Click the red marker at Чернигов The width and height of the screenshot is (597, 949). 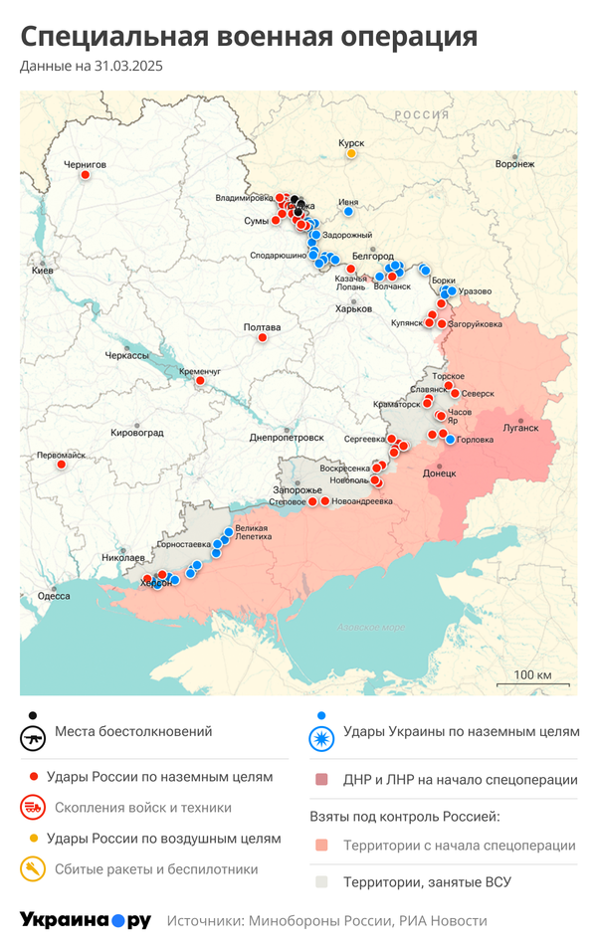[85, 175]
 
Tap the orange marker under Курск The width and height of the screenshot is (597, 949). [351, 154]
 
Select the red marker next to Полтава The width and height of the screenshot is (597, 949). [263, 337]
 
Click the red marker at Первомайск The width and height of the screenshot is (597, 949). [62, 465]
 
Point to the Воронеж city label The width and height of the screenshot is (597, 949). [514, 163]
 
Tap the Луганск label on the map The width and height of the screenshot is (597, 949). [520, 428]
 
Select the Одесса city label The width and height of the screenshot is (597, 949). [54, 596]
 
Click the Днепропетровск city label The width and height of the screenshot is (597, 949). [287, 438]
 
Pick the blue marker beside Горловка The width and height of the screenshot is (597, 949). [450, 440]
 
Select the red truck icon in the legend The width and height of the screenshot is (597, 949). [34, 808]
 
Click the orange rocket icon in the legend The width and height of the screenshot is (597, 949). [34, 869]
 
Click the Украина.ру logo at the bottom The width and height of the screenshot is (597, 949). [86, 920]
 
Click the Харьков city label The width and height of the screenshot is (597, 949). [352, 308]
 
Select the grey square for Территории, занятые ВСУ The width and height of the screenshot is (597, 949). [320, 881]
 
